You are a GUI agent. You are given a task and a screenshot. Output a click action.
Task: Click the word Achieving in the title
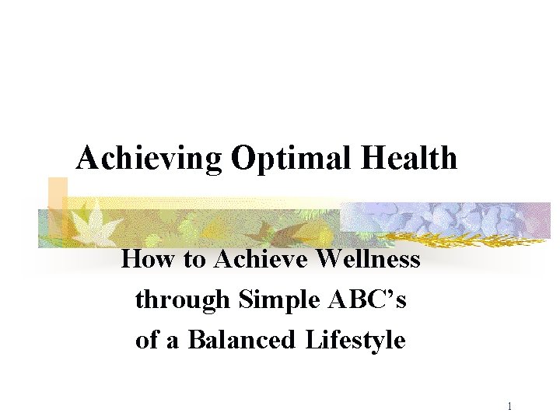click(149, 159)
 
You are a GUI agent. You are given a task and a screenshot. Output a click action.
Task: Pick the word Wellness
click(369, 259)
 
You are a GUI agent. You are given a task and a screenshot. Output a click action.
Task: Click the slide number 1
click(509, 406)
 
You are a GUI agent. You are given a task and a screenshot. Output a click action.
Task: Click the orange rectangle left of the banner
click(57, 193)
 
